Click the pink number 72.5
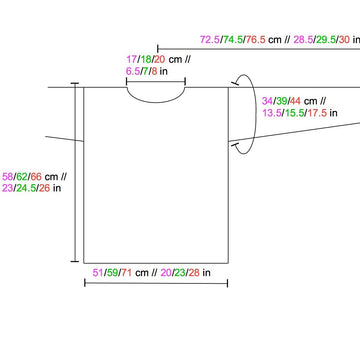[x=210, y=40]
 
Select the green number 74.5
[x=233, y=40]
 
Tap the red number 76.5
[x=256, y=40]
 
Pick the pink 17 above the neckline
[x=131, y=60]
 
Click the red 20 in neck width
[x=160, y=60]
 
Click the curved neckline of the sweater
[x=156, y=102]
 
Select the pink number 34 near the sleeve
[x=267, y=101]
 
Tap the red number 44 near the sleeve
[x=295, y=101]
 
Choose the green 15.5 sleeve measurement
[x=294, y=113]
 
